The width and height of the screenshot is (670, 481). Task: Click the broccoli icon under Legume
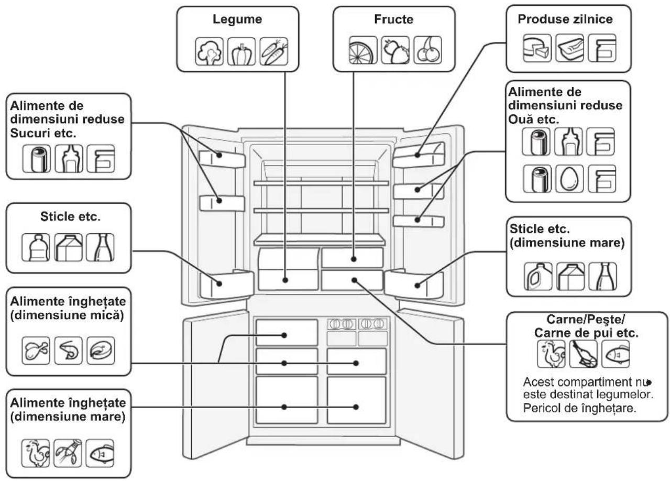(210, 51)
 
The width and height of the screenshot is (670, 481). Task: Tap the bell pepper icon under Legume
(241, 51)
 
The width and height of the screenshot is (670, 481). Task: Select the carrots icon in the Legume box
(273, 51)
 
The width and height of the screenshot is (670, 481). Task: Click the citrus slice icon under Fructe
(363, 50)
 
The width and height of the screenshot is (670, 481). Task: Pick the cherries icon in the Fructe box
(428, 50)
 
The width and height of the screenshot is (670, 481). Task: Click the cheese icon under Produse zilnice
(537, 48)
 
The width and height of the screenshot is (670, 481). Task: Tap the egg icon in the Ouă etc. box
(569, 179)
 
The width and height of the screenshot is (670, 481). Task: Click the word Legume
(237, 19)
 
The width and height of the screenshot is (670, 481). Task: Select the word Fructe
(393, 19)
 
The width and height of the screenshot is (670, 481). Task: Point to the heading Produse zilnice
(565, 19)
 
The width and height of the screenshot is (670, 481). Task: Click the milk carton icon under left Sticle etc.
(68, 247)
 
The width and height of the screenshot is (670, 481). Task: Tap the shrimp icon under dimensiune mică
(68, 351)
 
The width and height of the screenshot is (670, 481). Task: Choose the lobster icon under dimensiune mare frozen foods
(68, 453)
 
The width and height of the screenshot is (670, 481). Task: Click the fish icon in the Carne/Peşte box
(616, 354)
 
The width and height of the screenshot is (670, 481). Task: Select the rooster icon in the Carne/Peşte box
(551, 354)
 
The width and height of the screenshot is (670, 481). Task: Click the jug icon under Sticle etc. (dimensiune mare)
(538, 276)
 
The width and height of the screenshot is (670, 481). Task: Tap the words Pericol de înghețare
(580, 408)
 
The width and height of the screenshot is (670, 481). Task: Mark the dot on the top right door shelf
(418, 155)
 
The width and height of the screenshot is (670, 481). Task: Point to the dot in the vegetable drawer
(285, 280)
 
